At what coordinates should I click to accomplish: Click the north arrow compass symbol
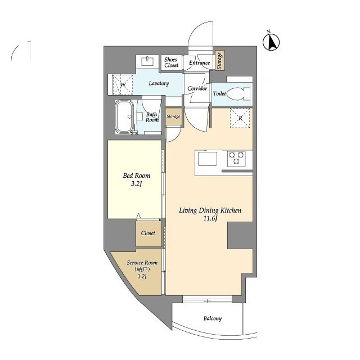(x=271, y=42)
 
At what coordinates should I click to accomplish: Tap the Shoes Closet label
(x=171, y=62)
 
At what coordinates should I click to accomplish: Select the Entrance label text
(x=199, y=62)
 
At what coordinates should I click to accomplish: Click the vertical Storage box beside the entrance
(x=220, y=61)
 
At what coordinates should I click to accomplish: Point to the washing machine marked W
(x=123, y=84)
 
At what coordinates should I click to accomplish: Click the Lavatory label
(x=159, y=83)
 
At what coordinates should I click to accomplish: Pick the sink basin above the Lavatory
(x=147, y=61)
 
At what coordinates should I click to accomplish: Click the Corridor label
(x=197, y=88)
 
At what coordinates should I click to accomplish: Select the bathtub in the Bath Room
(x=124, y=117)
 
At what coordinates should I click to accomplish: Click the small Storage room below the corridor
(x=173, y=116)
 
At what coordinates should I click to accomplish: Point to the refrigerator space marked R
(x=240, y=118)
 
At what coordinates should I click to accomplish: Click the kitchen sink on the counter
(x=208, y=159)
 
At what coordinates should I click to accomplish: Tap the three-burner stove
(x=236, y=159)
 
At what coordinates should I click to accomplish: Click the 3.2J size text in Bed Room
(x=136, y=184)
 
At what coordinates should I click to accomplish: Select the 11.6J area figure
(x=210, y=218)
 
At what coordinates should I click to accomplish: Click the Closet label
(x=148, y=233)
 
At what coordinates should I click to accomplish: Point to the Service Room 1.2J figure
(x=142, y=276)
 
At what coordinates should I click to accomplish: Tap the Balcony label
(x=213, y=318)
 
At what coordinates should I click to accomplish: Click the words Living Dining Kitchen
(x=210, y=210)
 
